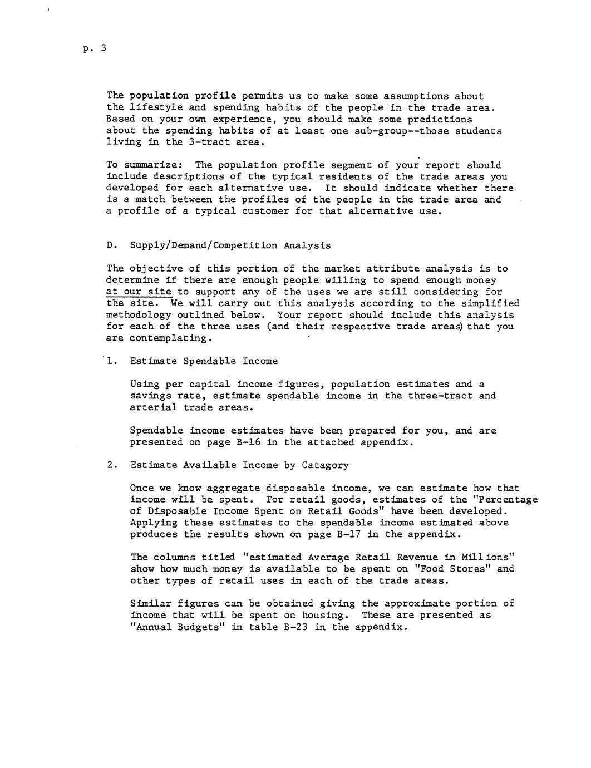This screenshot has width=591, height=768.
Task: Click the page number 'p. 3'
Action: click(x=93, y=49)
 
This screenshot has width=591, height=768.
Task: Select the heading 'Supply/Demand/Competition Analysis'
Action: click(x=230, y=245)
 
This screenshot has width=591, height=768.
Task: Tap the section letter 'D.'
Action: click(x=111, y=245)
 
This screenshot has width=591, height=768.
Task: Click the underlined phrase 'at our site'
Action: click(x=139, y=292)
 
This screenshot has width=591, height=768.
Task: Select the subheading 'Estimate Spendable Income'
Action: click(x=204, y=361)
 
